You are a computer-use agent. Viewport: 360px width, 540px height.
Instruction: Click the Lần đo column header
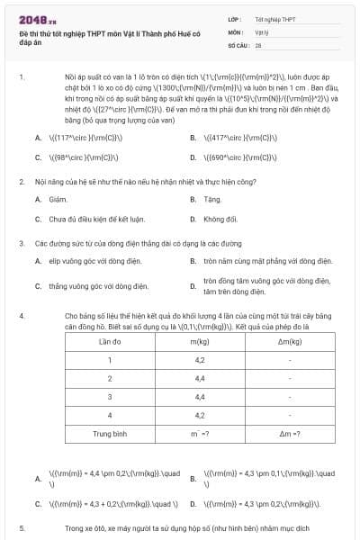(x=110, y=343)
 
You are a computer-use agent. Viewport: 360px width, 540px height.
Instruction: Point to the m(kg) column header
(x=200, y=343)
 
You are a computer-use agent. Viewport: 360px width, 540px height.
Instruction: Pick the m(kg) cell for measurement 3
(x=200, y=397)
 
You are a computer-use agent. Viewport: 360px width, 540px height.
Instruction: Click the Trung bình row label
(x=110, y=433)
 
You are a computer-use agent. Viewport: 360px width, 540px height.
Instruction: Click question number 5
(x=22, y=528)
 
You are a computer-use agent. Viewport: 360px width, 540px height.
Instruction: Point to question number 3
(x=22, y=243)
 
